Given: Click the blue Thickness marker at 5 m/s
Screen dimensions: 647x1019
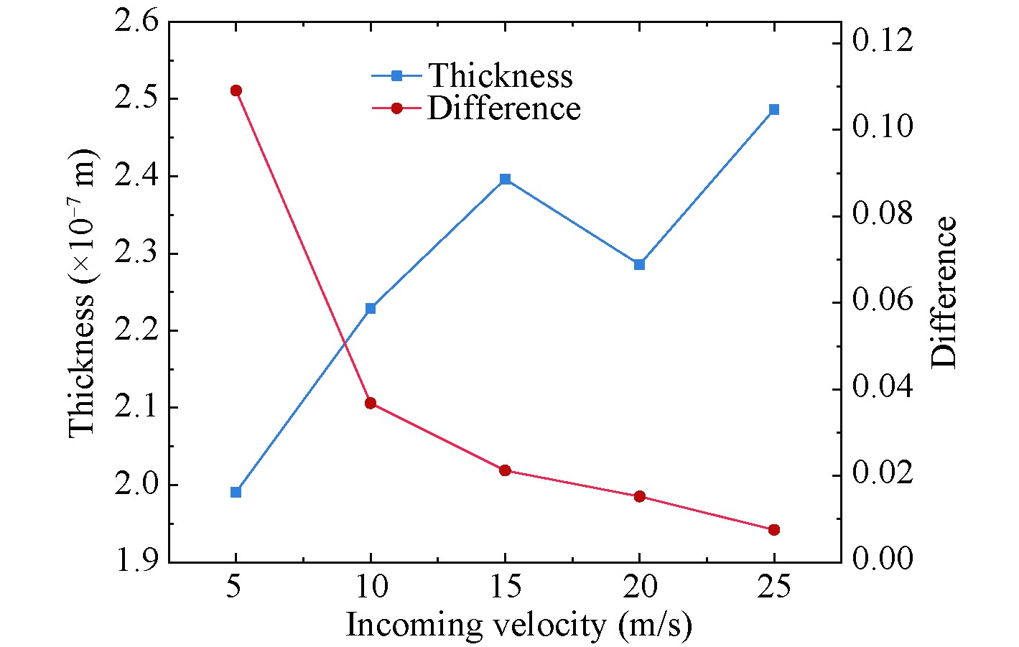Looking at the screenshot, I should tap(236, 492).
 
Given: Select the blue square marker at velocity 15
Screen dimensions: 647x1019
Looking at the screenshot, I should tap(505, 179).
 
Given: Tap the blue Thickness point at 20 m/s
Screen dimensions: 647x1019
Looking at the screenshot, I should tap(639, 264).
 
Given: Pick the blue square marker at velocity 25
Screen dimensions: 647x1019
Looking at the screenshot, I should tap(774, 110).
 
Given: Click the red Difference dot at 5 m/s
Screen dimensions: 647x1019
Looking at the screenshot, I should tap(236, 90).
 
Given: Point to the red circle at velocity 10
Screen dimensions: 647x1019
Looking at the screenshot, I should tap(371, 403).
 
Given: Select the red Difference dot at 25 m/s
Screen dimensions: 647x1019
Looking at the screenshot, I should tap(774, 530).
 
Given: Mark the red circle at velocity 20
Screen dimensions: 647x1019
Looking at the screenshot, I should tap(639, 496).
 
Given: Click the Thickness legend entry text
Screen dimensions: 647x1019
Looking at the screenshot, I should tap(501, 75).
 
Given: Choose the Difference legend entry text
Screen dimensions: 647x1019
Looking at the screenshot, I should tap(503, 108).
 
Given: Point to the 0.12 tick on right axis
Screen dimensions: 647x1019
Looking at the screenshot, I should tap(883, 41).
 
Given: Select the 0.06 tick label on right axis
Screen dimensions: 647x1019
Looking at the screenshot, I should tap(883, 300).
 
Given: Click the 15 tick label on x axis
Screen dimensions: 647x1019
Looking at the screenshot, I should tap(505, 587).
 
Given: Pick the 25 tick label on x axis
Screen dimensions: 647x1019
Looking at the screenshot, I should tap(774, 587).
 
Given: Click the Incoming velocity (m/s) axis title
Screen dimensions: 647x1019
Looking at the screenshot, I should tap(518, 625).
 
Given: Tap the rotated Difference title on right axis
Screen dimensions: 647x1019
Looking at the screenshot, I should tap(945, 292).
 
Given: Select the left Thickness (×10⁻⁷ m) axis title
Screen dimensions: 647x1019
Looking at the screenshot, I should tap(82, 292).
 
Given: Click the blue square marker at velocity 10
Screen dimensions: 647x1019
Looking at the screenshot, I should tap(371, 308).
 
